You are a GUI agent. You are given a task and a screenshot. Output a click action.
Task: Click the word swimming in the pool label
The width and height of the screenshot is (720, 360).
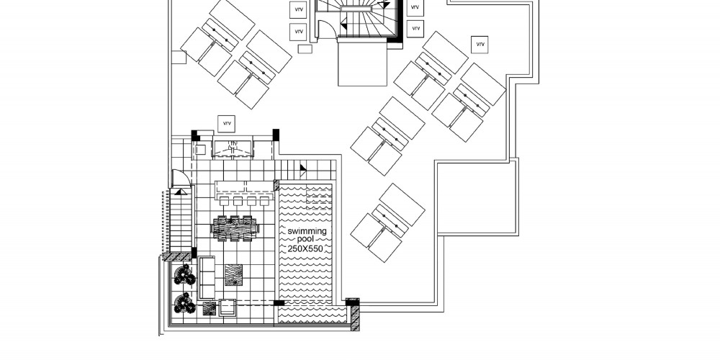(307, 231)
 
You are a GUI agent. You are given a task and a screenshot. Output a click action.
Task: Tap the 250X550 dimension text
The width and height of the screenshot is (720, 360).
(305, 249)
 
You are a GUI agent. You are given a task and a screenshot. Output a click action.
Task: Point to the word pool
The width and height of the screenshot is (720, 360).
(306, 239)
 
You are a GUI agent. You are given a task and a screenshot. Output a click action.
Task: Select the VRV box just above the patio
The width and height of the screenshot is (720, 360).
(226, 124)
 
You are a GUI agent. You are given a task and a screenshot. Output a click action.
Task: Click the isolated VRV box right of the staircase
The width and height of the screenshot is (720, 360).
(480, 45)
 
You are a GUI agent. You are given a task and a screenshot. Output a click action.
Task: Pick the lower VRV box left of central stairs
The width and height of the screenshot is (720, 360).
(299, 32)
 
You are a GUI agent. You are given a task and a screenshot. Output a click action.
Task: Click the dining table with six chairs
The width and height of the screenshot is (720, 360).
(235, 228)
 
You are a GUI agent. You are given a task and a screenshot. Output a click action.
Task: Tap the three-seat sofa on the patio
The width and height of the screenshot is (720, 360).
(207, 278)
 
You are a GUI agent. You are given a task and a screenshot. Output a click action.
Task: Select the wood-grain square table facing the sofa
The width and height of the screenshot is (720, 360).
(233, 274)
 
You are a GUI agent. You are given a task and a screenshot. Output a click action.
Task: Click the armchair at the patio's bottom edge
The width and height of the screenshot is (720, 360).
(228, 307)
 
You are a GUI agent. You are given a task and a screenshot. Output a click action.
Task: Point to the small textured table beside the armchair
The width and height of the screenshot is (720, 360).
(210, 308)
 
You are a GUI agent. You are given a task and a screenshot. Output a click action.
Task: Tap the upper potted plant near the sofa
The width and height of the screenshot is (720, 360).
(184, 274)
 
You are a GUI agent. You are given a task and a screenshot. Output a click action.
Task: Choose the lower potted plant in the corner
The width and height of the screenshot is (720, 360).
(184, 303)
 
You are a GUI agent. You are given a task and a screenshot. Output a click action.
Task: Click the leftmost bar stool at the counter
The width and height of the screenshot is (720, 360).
(224, 201)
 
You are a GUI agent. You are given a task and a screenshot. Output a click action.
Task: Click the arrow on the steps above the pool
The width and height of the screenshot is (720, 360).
(303, 171)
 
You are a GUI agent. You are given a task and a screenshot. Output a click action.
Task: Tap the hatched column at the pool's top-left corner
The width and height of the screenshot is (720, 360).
(276, 185)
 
